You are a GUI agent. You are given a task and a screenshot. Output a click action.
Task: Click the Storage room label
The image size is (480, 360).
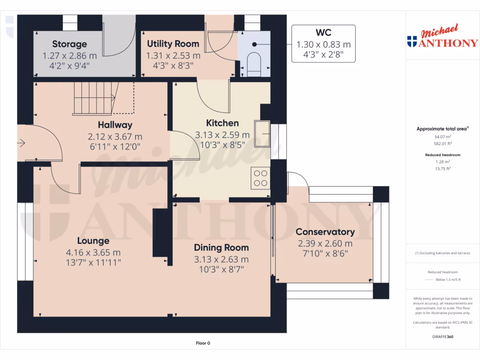click(69, 44)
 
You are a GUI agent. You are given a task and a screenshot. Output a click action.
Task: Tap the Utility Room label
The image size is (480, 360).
click(173, 44)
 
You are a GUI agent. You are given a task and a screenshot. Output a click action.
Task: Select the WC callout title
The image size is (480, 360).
click(323, 32)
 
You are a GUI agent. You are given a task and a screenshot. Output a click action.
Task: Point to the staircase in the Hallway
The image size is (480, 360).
click(94, 97)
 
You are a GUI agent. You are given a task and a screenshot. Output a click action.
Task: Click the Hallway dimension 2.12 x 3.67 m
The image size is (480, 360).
click(115, 137)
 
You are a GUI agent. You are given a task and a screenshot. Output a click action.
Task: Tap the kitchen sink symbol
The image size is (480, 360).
click(262, 133)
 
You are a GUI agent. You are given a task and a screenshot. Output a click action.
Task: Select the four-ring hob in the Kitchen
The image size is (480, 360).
click(261, 178)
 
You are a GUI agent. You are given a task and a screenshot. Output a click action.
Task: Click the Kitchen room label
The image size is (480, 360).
click(223, 123)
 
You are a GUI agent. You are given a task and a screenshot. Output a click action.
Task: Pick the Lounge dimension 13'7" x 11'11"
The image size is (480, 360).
click(93, 263)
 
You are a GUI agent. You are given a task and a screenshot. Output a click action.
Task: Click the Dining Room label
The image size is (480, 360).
click(221, 247)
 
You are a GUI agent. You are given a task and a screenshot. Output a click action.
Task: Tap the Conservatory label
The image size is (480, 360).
click(325, 232)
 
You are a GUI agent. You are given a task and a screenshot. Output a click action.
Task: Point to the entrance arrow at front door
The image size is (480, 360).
click(22, 143)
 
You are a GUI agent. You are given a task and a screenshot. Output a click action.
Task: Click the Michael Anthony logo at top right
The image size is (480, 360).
click(443, 37)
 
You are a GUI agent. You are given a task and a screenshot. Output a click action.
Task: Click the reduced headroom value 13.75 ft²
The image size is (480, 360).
click(442, 168)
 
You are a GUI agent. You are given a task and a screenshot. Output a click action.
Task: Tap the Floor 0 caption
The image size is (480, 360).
click(202, 343)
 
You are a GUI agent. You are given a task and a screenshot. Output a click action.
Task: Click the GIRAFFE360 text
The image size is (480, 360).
click(442, 337)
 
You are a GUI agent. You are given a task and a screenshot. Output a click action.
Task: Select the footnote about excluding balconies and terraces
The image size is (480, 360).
click(442, 253)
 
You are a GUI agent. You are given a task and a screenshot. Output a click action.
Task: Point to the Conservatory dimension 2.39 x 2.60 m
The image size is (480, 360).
click(325, 243)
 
